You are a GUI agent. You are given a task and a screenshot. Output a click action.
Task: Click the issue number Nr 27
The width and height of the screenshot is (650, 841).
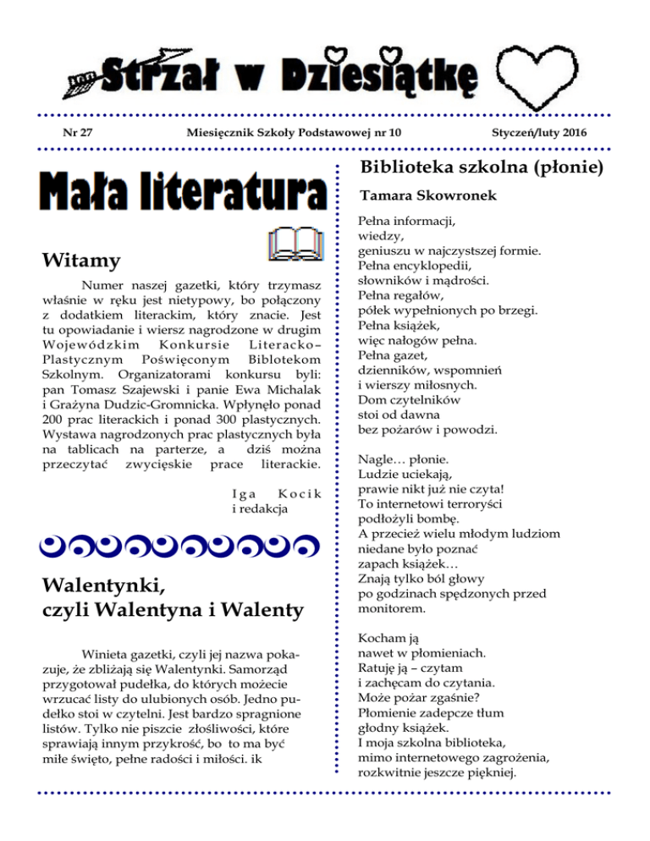tap(77, 134)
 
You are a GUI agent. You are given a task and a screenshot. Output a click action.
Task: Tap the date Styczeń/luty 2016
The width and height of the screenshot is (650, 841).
tap(539, 134)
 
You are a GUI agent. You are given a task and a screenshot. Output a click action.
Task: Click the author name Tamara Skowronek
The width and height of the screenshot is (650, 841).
tap(417, 195)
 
